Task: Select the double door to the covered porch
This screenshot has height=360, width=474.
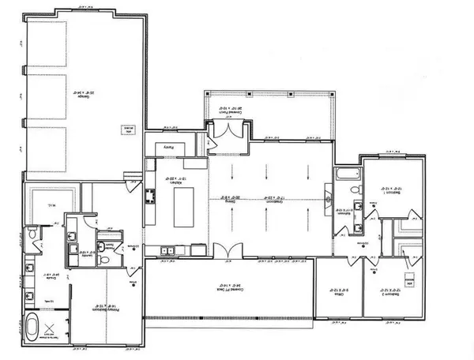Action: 215,143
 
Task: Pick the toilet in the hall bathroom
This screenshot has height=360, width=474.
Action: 357,191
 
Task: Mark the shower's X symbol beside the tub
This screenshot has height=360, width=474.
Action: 54,329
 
